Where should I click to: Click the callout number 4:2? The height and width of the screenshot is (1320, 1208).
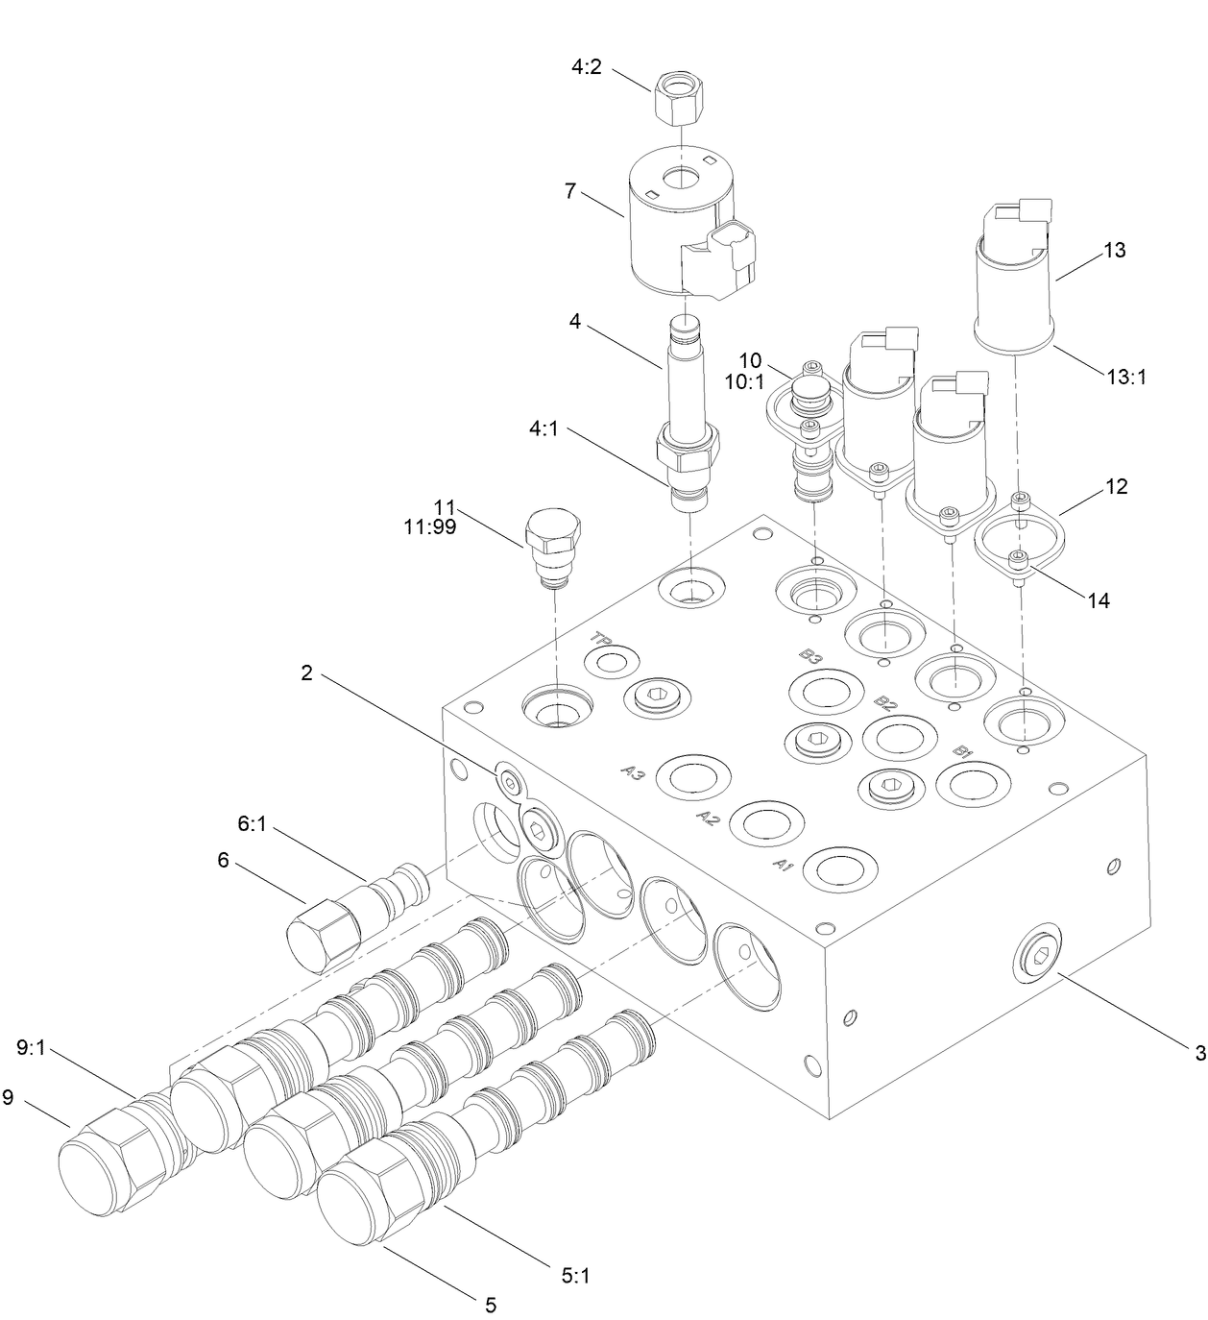[x=586, y=68]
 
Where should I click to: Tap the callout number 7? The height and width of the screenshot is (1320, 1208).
[x=570, y=191]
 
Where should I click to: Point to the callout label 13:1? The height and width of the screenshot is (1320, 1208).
[x=1127, y=377]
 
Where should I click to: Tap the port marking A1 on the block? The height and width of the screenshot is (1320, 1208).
[x=783, y=864]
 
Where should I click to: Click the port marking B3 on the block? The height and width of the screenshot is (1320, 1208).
[x=810, y=657]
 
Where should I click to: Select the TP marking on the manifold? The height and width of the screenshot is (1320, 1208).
[x=601, y=638]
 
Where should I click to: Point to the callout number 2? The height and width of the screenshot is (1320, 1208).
[x=306, y=673]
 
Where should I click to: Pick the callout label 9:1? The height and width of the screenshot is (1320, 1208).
[x=31, y=1047]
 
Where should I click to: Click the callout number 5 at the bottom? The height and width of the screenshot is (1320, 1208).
[x=490, y=1305]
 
